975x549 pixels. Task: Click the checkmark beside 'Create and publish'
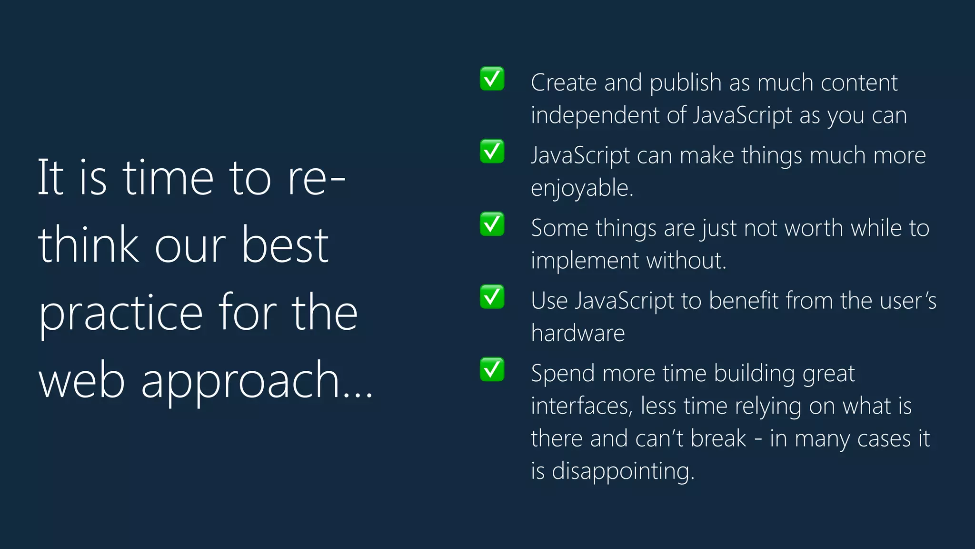[x=492, y=79]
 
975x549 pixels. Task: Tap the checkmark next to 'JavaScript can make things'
[x=492, y=152]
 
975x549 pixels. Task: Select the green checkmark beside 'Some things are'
[x=492, y=224]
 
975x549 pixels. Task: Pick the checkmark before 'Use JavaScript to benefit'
[x=492, y=297]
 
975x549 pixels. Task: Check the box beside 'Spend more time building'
[x=492, y=369]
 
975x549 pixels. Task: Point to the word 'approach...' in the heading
[x=257, y=381]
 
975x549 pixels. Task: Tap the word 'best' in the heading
[x=285, y=246]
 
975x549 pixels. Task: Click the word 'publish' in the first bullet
[x=686, y=83]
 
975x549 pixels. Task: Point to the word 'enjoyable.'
[x=582, y=188]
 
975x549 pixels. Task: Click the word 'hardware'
[x=577, y=333]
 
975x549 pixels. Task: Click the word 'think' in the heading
[x=89, y=246]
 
